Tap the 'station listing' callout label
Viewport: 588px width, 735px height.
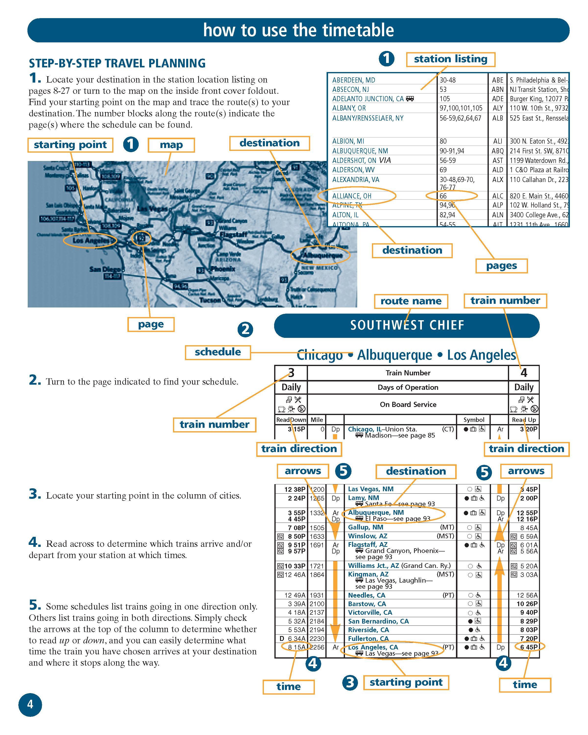[450, 59]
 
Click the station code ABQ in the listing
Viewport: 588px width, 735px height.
[497, 151]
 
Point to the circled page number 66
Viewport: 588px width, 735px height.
[443, 196]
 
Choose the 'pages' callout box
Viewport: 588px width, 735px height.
[501, 266]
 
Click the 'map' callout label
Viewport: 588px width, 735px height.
[171, 145]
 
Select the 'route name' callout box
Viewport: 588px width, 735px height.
[411, 301]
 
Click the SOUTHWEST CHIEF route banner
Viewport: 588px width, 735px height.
[407, 325]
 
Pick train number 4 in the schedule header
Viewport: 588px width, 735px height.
[524, 373]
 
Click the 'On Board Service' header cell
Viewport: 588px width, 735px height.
[408, 404]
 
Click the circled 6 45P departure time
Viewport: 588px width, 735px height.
[529, 647]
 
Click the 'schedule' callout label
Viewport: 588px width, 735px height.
[218, 352]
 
